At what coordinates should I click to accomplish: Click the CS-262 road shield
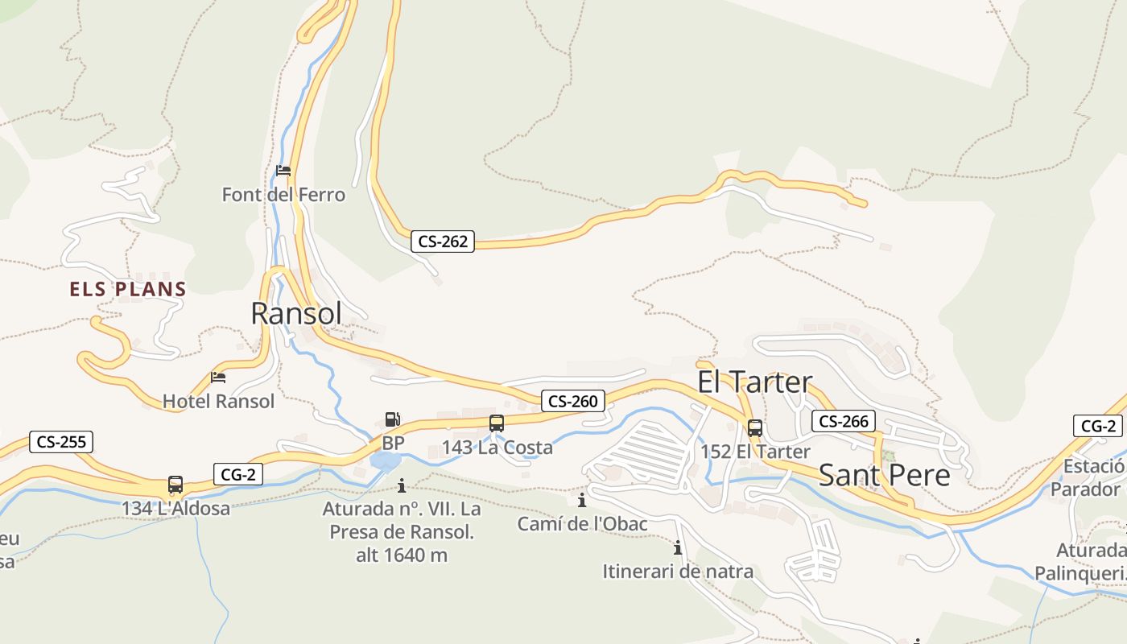coord(443,241)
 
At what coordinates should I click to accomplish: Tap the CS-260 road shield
coord(573,401)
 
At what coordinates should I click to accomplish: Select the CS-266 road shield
coord(843,421)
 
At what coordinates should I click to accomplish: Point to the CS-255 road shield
coord(61,441)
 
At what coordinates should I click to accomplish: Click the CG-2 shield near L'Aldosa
coord(238,474)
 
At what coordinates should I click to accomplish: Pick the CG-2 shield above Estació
coord(1098,426)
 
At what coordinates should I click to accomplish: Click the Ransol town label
coord(296,313)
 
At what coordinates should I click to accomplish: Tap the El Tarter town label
coord(755,382)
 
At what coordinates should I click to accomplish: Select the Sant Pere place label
coord(884,475)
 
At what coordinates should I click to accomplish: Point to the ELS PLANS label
coord(128,289)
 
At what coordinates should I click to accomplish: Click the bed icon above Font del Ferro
coord(283,170)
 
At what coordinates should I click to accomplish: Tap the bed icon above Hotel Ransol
coord(217,377)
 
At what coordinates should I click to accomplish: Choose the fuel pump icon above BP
coord(393,419)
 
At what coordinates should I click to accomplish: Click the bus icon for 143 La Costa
coord(497,423)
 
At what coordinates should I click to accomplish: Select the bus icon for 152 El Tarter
coord(755,427)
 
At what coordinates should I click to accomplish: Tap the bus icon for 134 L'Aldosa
coord(175,485)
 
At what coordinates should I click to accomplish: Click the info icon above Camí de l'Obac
coord(582,501)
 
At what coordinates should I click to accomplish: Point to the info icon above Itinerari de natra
coord(678,548)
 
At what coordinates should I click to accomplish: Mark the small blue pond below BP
coord(386,460)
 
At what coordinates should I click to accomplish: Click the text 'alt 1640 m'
coord(402,555)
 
